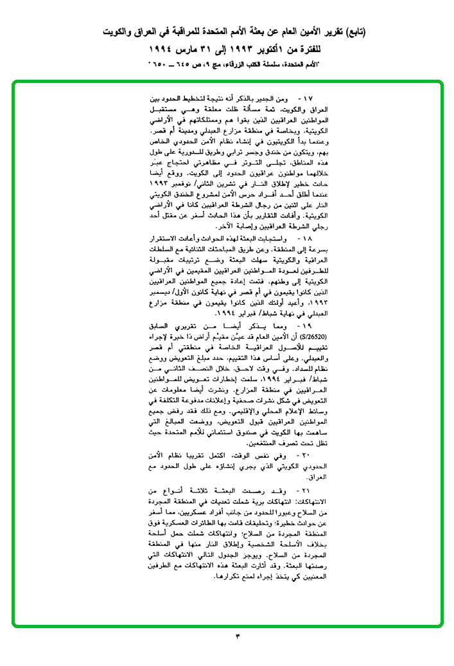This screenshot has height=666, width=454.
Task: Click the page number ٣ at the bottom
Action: (x=237, y=636)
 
